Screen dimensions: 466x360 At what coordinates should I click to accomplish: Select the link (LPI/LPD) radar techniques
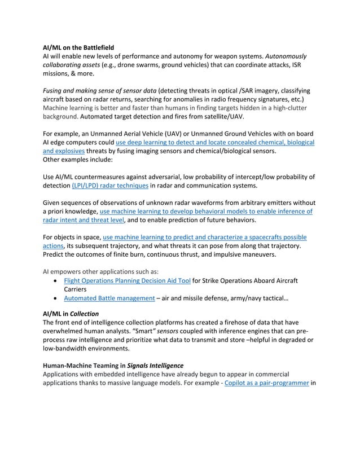[x=110, y=186]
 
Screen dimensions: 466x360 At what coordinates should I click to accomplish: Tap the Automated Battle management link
[x=109, y=298]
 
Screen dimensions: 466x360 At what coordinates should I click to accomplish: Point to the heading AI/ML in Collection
[x=71, y=314]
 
